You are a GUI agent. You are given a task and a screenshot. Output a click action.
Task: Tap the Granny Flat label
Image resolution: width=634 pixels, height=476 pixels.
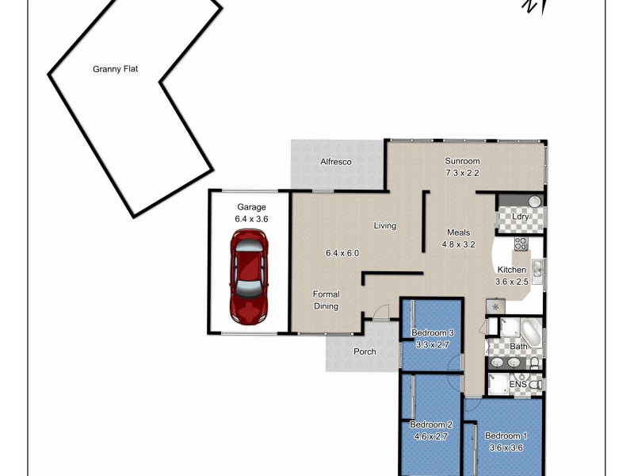[116, 69]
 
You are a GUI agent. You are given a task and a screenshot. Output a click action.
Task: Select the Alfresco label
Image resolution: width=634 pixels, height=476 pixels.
[335, 162]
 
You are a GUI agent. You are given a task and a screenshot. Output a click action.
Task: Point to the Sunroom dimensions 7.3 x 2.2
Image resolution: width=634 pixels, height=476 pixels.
[462, 172]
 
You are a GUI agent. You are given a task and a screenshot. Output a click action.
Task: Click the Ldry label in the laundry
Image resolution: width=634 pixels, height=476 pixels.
[520, 217]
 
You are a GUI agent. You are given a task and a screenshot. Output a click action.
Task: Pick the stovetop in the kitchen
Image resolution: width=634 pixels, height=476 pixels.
[521, 244]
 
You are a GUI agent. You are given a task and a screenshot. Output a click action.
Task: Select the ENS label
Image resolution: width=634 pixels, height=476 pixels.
[518, 384]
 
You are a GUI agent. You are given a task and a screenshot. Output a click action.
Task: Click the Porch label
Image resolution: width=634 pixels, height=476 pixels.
[365, 351]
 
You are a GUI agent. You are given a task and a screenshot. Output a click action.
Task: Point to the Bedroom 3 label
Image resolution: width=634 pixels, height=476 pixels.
[432, 332]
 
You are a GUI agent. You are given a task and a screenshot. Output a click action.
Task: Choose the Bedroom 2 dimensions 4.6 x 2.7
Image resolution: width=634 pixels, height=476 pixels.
[432, 436]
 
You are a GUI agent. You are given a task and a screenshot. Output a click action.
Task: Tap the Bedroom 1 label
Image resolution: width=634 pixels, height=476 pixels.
[504, 436]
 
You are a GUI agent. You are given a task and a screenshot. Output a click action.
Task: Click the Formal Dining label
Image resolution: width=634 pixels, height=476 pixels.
[326, 300]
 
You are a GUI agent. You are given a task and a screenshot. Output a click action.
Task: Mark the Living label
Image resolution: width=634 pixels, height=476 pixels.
[385, 226]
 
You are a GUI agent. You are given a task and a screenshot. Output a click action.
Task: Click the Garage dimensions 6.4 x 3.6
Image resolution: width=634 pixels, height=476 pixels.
[252, 218]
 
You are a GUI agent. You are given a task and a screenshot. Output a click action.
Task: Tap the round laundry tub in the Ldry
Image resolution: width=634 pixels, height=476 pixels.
[534, 202]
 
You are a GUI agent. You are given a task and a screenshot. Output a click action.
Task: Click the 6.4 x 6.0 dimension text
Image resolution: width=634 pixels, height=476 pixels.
[342, 254]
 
